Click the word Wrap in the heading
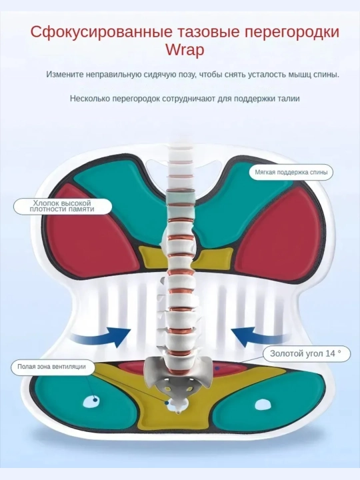click(x=185, y=50)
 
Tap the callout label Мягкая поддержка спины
click(x=291, y=172)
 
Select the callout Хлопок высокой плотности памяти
click(x=62, y=206)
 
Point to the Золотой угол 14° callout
click(x=305, y=353)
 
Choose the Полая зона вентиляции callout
click(x=51, y=367)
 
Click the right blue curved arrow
click(x=259, y=337)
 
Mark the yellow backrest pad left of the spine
click(x=153, y=257)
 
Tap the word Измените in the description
click(x=65, y=75)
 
